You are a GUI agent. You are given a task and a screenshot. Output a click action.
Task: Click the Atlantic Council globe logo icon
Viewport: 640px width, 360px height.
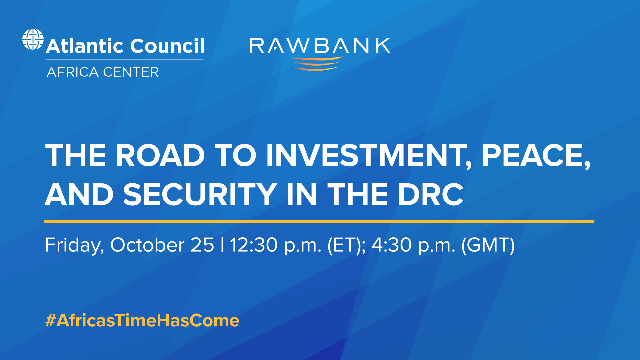click(x=33, y=39)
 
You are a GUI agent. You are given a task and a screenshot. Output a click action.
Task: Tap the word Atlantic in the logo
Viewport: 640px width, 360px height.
click(x=85, y=46)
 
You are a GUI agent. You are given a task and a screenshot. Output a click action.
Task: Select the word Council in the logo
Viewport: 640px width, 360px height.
click(x=167, y=46)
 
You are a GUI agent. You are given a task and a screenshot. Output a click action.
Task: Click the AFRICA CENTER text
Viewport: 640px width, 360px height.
click(x=103, y=72)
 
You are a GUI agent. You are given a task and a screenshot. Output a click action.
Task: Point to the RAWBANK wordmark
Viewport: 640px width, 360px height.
click(x=320, y=46)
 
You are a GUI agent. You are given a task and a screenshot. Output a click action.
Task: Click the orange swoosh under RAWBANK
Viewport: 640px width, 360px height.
click(x=317, y=64)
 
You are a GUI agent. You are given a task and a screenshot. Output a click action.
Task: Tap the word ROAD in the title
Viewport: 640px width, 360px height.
click(x=160, y=155)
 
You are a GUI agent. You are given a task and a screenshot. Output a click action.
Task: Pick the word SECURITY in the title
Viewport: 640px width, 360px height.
click(x=200, y=195)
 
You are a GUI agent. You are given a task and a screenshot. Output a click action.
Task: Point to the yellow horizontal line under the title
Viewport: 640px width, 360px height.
click(x=319, y=221)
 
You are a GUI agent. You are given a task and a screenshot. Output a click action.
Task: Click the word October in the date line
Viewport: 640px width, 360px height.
click(x=147, y=245)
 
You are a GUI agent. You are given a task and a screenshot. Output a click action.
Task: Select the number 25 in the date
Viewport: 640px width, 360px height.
click(x=202, y=245)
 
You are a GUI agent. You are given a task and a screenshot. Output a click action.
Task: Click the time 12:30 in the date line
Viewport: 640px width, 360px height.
click(x=253, y=245)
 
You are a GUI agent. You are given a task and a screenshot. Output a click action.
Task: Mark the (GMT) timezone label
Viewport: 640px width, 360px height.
click(x=488, y=245)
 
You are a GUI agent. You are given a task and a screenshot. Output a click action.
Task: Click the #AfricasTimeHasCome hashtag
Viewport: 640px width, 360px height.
click(x=142, y=320)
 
